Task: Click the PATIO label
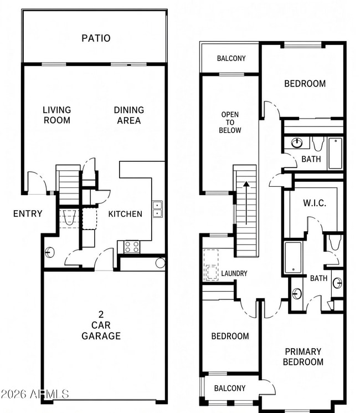click(x=96, y=38)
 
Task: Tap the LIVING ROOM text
click(x=57, y=115)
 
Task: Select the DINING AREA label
click(x=129, y=115)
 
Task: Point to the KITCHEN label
click(x=125, y=214)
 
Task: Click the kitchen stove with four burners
click(x=132, y=247)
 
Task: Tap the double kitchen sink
click(x=157, y=209)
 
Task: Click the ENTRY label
click(x=28, y=213)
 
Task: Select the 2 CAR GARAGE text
click(x=101, y=325)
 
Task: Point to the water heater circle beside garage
click(x=160, y=263)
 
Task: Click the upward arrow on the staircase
click(x=246, y=203)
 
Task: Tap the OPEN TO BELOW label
click(x=230, y=122)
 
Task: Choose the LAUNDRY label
click(x=234, y=273)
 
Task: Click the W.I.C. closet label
click(x=315, y=203)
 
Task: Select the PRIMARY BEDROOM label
click(x=303, y=356)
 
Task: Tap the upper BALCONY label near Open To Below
click(x=232, y=58)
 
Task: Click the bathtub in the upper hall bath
click(x=336, y=154)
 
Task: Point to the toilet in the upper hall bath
click(x=317, y=144)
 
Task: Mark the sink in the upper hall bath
click(x=297, y=143)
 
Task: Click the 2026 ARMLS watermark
click(x=34, y=394)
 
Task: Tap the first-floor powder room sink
click(x=49, y=252)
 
